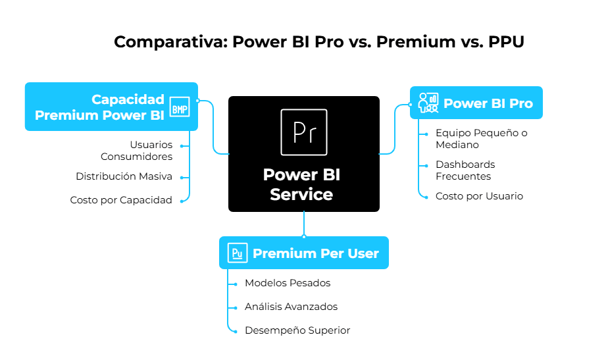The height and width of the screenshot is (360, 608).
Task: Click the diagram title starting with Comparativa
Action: [x=319, y=41]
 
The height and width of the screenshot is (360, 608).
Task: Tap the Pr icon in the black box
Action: [x=303, y=132]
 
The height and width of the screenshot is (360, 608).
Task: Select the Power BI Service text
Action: [x=302, y=185]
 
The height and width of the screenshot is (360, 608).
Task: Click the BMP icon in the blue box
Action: [x=179, y=107]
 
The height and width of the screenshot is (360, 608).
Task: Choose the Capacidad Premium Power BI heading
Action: [x=99, y=107]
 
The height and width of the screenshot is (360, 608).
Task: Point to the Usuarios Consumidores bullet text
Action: [x=136, y=150]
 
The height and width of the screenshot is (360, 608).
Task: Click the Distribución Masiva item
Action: [x=124, y=176]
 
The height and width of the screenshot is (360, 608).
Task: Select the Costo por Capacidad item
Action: [x=121, y=200]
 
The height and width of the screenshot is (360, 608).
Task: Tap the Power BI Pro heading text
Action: [x=488, y=103]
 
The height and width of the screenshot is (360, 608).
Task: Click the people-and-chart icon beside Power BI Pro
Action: [x=428, y=102]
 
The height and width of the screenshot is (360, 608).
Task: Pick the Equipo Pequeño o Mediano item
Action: [x=481, y=138]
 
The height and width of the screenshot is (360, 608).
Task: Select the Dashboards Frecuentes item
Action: [x=465, y=170]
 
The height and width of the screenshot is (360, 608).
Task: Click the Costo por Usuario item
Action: [x=479, y=196]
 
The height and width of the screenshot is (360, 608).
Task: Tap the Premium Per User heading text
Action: [x=316, y=253]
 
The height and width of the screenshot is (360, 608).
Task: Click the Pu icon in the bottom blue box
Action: [x=237, y=253]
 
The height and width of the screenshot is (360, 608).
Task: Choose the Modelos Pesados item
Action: [x=288, y=283]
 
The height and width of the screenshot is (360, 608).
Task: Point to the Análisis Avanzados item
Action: [x=291, y=307]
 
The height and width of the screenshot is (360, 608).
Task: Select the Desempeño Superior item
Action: [x=297, y=330]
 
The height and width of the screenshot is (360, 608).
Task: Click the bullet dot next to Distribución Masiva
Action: [x=190, y=176]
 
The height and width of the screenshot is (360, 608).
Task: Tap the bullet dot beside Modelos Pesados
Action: [x=235, y=284]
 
